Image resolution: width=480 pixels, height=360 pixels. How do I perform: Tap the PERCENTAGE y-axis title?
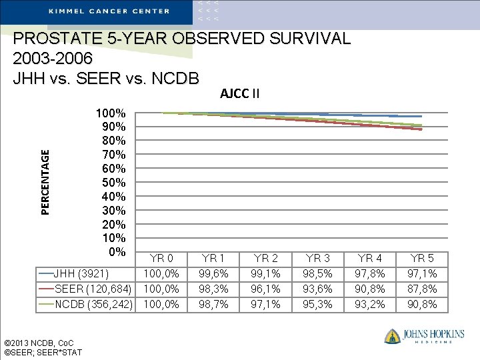(x=45, y=182)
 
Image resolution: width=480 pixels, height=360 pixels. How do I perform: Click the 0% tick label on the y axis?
(x=117, y=251)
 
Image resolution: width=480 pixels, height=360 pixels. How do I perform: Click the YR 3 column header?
(x=317, y=258)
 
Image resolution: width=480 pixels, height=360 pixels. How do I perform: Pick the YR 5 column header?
(x=421, y=258)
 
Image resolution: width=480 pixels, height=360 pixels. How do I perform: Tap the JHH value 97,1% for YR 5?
(x=421, y=273)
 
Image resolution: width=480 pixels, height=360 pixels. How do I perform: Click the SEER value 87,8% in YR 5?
(x=421, y=289)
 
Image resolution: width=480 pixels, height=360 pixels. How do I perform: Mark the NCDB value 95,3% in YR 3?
(x=317, y=304)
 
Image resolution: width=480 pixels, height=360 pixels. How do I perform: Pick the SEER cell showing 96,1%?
(x=265, y=289)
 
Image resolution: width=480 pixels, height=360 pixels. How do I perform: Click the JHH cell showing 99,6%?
(x=213, y=273)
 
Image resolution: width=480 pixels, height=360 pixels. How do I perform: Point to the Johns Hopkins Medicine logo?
(x=423, y=336)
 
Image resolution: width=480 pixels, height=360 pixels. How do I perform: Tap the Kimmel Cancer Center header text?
(x=109, y=11)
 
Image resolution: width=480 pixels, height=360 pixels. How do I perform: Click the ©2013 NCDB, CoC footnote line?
(x=40, y=343)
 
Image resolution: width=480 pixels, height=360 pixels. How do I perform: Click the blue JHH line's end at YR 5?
(x=421, y=117)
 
